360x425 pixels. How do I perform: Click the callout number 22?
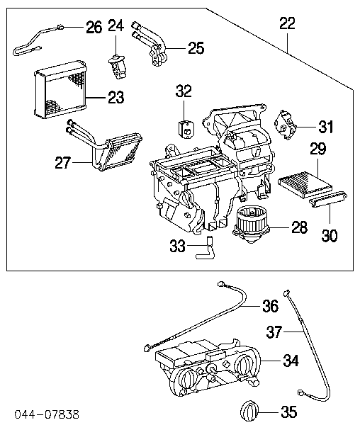pos(287,23)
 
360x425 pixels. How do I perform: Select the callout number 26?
pos(94,28)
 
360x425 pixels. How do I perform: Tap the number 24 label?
pos(116,25)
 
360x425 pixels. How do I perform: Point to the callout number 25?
pos(195,48)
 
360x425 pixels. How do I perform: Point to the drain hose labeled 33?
pos(207,248)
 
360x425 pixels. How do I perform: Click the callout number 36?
pos(269,306)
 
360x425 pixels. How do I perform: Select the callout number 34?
pos(291,361)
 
